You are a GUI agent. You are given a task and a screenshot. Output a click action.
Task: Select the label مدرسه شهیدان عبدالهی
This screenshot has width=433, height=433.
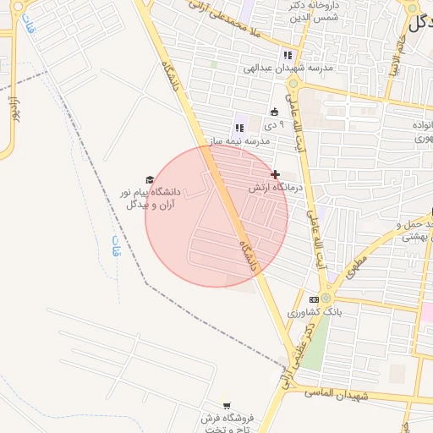coord(288,67)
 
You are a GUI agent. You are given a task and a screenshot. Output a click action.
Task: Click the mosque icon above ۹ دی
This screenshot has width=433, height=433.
coord(274,112)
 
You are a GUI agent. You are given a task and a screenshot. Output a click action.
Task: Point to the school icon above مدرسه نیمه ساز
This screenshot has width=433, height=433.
coord(239,128)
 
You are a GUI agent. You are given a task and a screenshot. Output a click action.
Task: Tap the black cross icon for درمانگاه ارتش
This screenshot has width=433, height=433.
coord(275,174)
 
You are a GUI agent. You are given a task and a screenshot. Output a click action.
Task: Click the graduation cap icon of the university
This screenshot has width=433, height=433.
coord(150,179)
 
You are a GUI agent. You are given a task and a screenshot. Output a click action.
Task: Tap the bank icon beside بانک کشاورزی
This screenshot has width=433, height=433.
coord(314,299)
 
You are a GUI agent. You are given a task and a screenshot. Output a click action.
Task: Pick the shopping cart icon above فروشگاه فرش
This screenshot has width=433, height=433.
coord(225,405)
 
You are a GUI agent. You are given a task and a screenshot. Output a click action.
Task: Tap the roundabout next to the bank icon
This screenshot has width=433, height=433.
coord(326,299)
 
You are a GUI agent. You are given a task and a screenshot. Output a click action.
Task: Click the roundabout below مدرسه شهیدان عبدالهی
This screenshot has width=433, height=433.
coord(293,83)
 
